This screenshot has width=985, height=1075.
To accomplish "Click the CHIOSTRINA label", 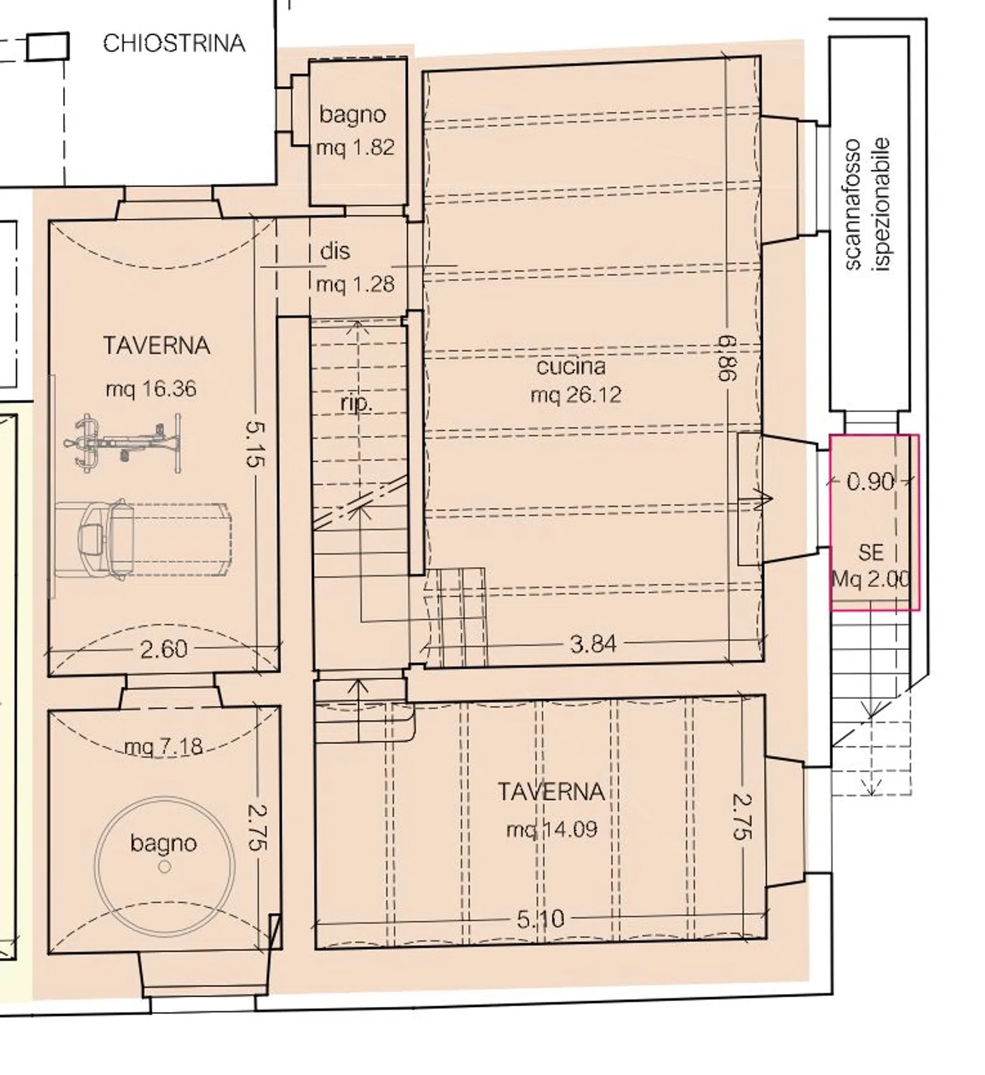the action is coord(173,44).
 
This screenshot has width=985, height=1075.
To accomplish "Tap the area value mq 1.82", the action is coord(355,147).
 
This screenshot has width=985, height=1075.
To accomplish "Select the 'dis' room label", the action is coord(335,251).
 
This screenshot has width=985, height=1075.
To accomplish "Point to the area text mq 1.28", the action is coord(355,284).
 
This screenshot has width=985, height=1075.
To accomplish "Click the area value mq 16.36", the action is coord(151,388).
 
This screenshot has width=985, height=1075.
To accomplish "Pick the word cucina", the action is coord(571,366).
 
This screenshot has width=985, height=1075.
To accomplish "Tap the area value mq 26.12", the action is coord(576,396).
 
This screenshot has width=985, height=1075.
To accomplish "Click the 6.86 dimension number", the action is coord(728,358).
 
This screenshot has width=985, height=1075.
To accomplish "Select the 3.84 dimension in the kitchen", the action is coord(593,644).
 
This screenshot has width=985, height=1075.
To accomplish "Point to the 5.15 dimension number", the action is coord(255,444).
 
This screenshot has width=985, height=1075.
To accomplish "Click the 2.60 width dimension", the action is coord(164,649).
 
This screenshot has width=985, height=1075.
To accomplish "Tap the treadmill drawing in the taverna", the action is coord(143,539).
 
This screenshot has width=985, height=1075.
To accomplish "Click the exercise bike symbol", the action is coord(123,444).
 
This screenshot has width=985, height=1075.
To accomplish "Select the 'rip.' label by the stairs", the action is coord(356,403).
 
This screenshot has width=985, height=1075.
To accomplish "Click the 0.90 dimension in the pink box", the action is coord(870,482).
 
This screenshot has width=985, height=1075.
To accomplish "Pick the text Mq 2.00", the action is coord(870,579).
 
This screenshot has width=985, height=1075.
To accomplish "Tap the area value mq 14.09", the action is coord(552,829).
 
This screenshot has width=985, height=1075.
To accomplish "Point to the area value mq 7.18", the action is coord(163,746).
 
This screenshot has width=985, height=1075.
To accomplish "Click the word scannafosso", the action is coord(852,205).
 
